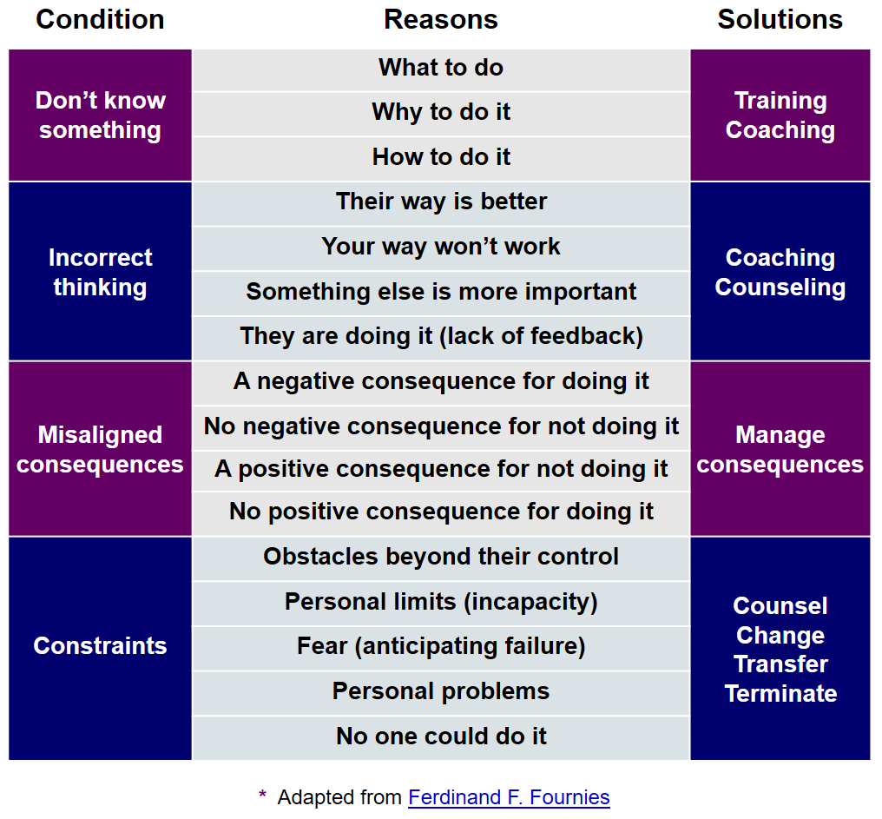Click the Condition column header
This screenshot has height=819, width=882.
pos(100,19)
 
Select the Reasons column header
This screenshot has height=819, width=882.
pos(441,19)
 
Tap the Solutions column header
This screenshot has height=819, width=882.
pos(780,19)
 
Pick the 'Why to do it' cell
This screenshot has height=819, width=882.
pos(441,114)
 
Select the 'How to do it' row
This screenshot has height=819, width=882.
pos(441,159)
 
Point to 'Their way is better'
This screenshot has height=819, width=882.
pos(441,204)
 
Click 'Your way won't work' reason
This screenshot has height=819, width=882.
pos(441,248)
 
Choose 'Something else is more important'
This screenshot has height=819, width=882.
pos(441,294)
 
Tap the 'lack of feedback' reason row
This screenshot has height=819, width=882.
pos(441,339)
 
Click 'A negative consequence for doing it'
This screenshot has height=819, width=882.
pos(441,383)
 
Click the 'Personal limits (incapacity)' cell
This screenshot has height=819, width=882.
pos(441,604)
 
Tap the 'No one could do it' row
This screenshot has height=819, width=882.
pos(441,738)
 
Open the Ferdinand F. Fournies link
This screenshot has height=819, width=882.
pos(509,797)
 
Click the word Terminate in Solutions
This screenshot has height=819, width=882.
pos(780,693)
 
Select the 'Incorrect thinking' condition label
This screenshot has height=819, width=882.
pos(100,273)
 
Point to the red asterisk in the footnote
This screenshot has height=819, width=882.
pos(262,794)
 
